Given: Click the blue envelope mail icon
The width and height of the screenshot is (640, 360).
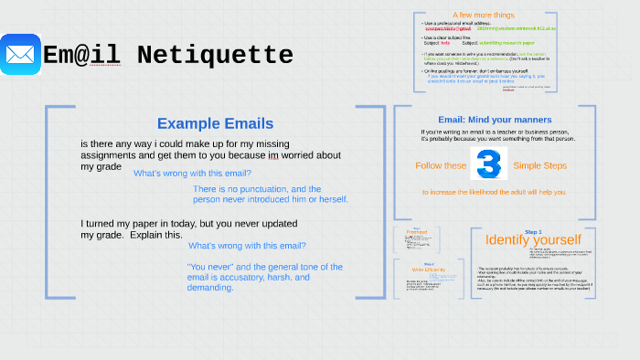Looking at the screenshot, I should point(20,54).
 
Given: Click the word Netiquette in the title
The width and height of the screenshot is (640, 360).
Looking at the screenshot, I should point(215,56).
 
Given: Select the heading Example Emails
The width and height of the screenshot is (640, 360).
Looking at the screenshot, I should point(215,123).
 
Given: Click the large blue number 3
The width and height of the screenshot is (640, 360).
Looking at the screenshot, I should point(488,165).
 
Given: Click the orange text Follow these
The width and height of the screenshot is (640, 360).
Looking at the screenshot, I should point(441,166).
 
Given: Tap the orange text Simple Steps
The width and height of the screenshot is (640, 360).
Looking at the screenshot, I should point(539,166).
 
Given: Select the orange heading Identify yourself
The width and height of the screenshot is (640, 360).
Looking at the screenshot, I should point(533,239).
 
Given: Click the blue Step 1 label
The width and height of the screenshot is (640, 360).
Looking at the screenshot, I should point(532,231).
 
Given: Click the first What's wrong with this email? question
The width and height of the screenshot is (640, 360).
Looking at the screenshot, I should point(192,173).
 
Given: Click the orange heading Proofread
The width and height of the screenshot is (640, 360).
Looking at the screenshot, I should point(416,233).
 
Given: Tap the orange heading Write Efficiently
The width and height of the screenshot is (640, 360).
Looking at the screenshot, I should point(416,270).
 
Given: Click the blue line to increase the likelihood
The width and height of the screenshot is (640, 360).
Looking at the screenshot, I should point(493,193).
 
